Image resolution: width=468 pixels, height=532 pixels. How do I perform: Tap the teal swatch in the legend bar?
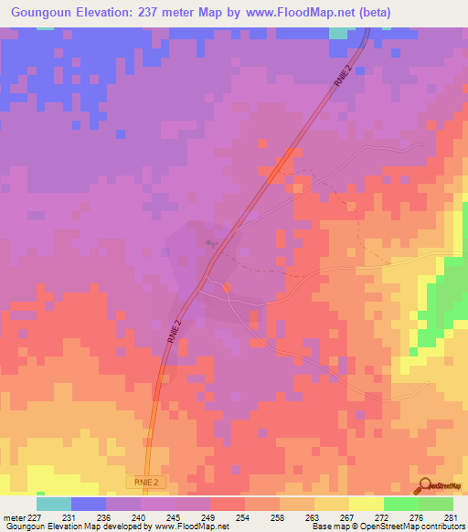coord(54,504)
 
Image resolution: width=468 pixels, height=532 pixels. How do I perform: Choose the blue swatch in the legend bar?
coord(89,504)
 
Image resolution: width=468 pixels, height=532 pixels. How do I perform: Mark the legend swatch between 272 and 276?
coord(401,504)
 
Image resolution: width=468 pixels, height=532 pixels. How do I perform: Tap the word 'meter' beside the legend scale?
coord(14,516)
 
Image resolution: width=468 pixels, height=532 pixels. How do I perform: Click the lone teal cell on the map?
coord(338,32)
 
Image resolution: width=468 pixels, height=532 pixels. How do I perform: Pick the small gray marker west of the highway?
coord(211,242)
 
